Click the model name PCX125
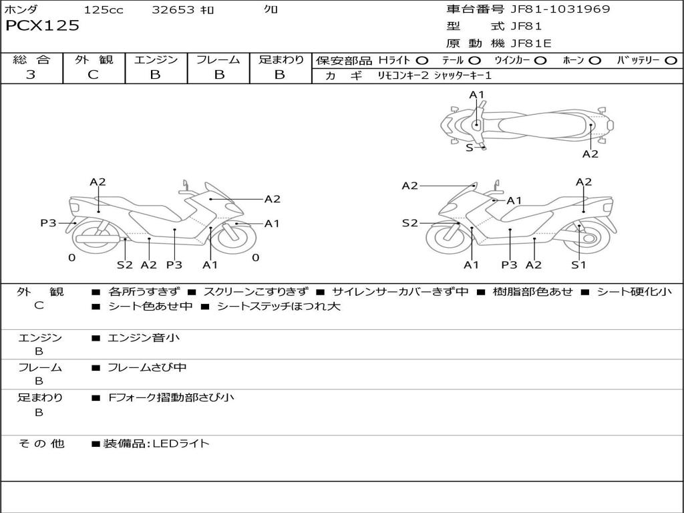click(x=42, y=26)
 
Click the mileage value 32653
click(x=173, y=9)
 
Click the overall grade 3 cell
click(x=31, y=75)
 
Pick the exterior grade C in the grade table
click(x=93, y=75)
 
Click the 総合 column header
click(x=31, y=59)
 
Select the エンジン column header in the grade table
click(x=156, y=59)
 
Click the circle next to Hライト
click(x=422, y=60)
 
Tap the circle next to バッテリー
click(x=671, y=60)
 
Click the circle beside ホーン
click(x=594, y=60)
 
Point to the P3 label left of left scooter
click(x=48, y=223)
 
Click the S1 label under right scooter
click(x=578, y=265)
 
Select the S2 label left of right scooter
click(x=409, y=223)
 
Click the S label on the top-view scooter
click(x=469, y=148)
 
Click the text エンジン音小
click(x=144, y=338)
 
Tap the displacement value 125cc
click(x=104, y=9)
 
